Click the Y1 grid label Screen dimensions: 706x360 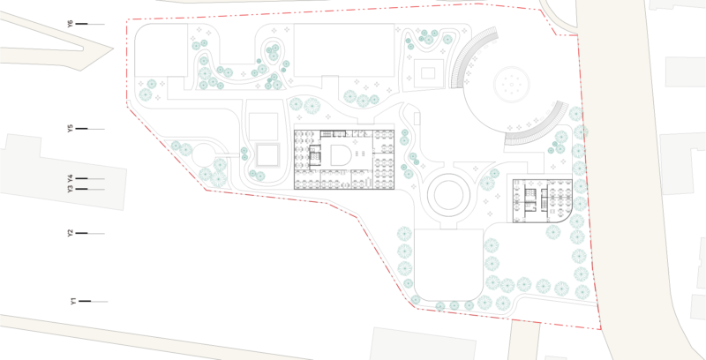[x=73, y=301]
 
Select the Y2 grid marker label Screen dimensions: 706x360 [x=71, y=233]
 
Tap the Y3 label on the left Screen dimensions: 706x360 [x=71, y=190]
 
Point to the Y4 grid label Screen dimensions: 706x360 [x=71, y=178]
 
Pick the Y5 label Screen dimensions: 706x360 [x=71, y=129]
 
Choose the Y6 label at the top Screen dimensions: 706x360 [x=71, y=24]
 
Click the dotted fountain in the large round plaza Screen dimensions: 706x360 [x=512, y=84]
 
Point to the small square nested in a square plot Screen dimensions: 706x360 [x=428, y=72]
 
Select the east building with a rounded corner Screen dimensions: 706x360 [x=543, y=200]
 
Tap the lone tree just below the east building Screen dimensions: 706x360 [x=553, y=232]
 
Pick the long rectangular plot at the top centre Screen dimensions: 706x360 [x=344, y=50]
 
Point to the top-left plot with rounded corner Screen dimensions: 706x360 [x=161, y=50]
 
